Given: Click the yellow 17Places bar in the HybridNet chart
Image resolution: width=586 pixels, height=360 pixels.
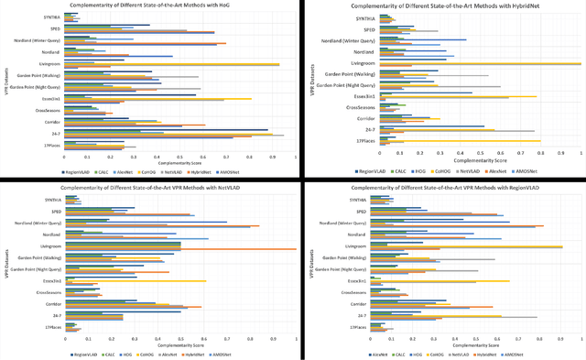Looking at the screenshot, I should (x=459, y=141).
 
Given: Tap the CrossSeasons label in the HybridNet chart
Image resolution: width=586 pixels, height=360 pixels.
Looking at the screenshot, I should (x=361, y=107).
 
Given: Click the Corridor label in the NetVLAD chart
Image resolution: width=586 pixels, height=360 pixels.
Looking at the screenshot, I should (x=51, y=303).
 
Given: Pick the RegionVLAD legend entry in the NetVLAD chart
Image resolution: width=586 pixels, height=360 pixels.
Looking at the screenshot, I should (x=85, y=351).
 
